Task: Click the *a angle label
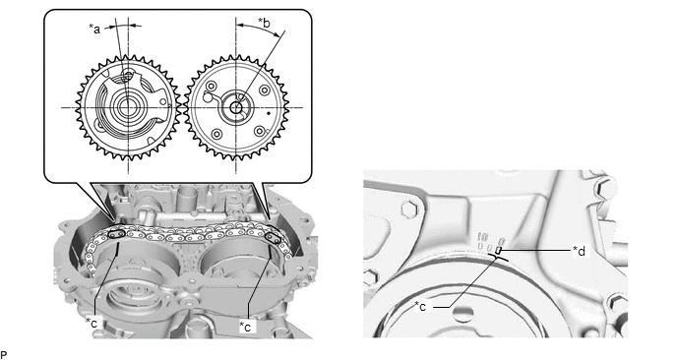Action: point(94,29)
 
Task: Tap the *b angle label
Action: point(265,22)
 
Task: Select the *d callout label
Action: point(579,251)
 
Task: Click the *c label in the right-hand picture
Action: point(420,306)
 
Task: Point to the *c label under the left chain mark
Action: point(92,322)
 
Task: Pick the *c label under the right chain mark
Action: point(245,327)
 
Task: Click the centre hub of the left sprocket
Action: point(127,107)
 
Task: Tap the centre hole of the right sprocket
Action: point(236,107)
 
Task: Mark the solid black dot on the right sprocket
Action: point(269,113)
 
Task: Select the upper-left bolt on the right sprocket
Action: point(211,85)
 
